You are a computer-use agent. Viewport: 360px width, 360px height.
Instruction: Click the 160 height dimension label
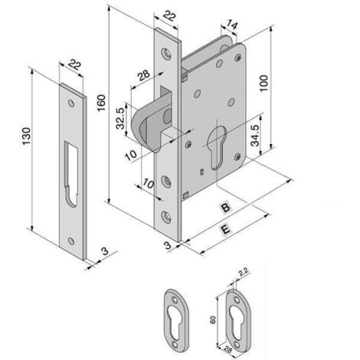(x=101, y=103)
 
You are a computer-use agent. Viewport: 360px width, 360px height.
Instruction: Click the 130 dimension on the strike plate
(x=26, y=136)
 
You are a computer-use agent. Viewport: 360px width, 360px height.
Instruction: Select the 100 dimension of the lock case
(x=263, y=83)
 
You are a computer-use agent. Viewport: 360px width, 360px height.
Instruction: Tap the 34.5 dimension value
(x=255, y=136)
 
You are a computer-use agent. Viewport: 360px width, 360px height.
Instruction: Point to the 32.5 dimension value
(x=120, y=118)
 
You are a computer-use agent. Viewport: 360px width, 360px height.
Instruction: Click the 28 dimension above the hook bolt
(x=144, y=75)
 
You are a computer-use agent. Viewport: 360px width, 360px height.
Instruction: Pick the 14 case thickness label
(x=232, y=25)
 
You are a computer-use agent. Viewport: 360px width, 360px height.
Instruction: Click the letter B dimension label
(x=226, y=207)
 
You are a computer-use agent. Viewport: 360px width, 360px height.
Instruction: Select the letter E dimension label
(x=225, y=229)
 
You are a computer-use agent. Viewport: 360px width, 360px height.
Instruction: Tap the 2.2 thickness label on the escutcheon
(x=244, y=273)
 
